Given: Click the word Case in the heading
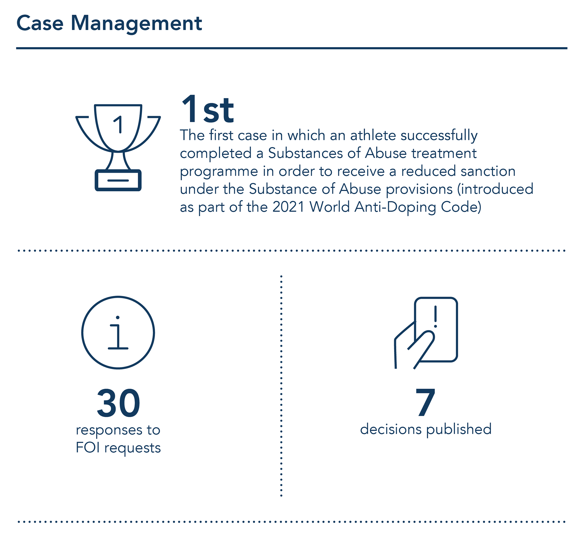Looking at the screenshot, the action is (40, 23).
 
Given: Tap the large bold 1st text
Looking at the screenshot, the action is (208, 109).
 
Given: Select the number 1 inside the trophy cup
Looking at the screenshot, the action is (119, 125).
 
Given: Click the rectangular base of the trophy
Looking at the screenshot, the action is (118, 180).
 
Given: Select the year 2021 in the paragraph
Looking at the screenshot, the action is (288, 207).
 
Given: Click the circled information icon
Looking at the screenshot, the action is (118, 332).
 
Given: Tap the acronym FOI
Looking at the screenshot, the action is (88, 448).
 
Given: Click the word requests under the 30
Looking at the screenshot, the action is (132, 448).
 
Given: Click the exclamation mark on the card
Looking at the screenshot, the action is (435, 316).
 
